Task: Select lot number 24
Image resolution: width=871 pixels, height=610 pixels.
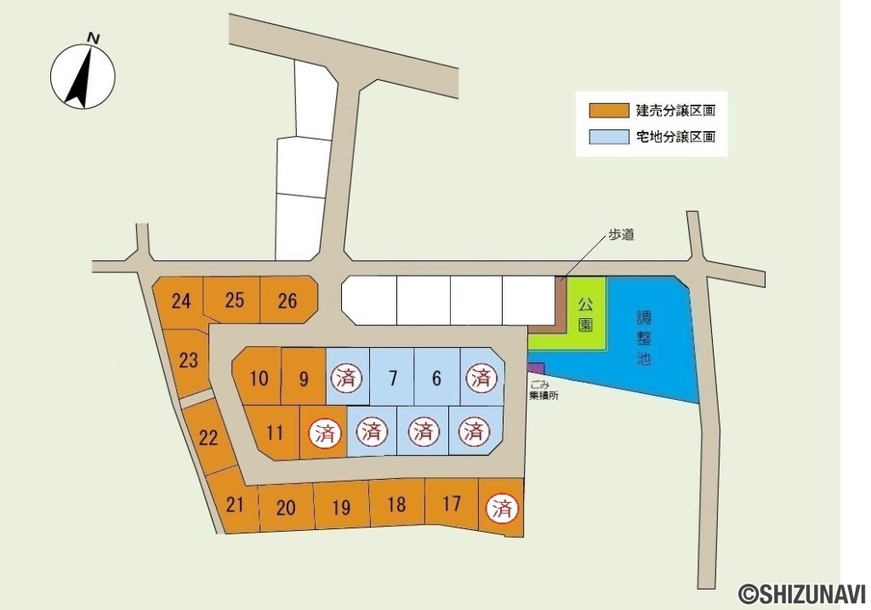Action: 180,301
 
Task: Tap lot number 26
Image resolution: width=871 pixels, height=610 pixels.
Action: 287,301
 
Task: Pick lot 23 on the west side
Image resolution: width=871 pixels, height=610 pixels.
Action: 188,361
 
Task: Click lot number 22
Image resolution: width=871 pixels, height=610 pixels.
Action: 208,438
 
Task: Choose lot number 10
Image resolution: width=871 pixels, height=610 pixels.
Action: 259,378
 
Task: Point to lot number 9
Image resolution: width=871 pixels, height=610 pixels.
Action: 304,378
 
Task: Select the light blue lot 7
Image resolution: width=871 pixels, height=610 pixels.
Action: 392,378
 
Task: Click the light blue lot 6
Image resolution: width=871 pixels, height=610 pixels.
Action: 436,378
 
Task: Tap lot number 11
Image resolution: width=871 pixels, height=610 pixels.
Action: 274,432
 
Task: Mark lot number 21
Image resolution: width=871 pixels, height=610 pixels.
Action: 235,505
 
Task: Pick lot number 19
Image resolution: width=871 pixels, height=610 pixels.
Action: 341,508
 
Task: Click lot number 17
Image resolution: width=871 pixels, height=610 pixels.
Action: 452,505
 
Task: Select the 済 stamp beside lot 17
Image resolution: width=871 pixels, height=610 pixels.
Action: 502,510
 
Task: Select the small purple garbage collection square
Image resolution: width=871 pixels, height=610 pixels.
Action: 536,368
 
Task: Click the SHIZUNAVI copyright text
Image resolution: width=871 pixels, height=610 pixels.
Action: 802,592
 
